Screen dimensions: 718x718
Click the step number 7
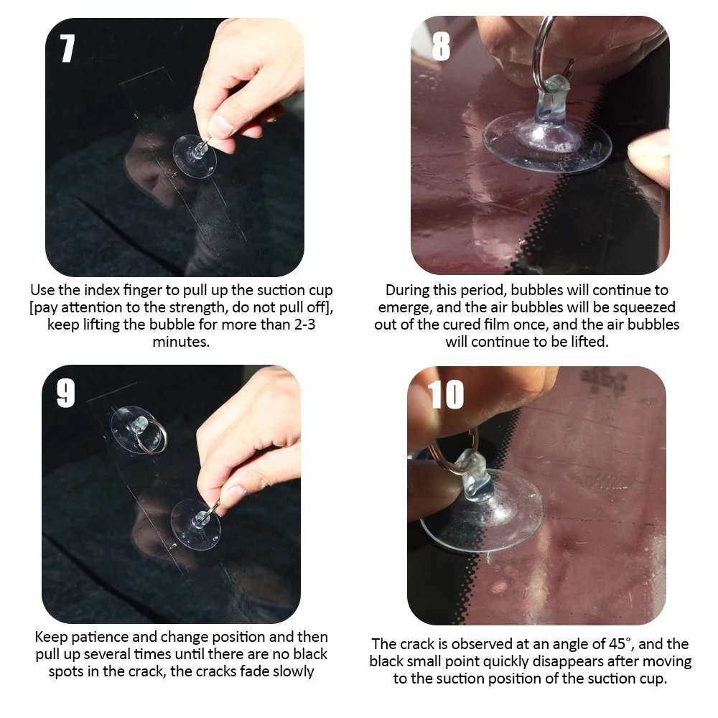pyautogui.click(x=67, y=48)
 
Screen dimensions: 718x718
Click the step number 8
pyautogui.click(x=441, y=46)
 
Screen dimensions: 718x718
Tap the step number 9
pyautogui.click(x=65, y=393)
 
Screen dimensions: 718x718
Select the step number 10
pyautogui.click(x=446, y=394)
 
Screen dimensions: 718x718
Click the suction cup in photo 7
pyautogui.click(x=195, y=156)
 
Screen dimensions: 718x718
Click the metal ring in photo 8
pyautogui.click(x=541, y=50)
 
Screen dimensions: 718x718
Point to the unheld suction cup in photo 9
pyautogui.click(x=133, y=429)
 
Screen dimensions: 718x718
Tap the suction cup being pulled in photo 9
pyautogui.click(x=196, y=524)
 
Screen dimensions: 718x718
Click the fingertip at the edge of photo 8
pyautogui.click(x=648, y=156)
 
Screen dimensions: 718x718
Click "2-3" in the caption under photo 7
pyautogui.click(x=305, y=325)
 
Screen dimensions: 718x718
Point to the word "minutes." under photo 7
pyautogui.click(x=182, y=342)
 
